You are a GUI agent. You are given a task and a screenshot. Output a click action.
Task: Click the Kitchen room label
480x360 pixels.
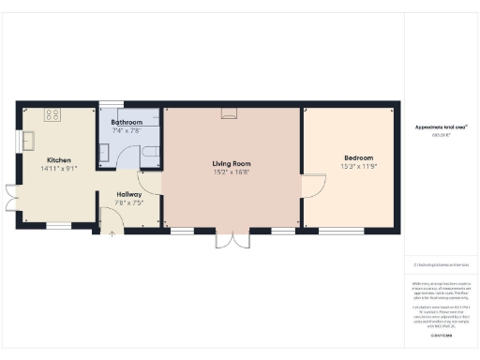(58, 160)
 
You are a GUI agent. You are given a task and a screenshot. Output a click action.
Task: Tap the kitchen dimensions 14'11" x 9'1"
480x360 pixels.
(58, 169)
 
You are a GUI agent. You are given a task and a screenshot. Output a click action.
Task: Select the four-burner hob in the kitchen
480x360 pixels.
(52, 115)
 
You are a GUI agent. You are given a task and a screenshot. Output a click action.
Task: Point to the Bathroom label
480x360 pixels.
(127, 123)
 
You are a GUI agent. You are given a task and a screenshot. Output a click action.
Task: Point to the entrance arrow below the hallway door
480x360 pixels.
(112, 232)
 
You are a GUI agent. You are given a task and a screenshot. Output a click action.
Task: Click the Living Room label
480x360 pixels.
(231, 164)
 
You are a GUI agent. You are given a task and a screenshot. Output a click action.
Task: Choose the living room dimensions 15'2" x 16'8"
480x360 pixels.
(231, 172)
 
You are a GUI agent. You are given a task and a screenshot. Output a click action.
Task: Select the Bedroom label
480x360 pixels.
(358, 157)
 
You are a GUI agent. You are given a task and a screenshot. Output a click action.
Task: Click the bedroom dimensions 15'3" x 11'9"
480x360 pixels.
(358, 166)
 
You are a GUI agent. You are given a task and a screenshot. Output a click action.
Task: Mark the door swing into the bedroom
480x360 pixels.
(313, 185)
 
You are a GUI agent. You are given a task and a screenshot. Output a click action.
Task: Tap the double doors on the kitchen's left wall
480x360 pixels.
(10, 197)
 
